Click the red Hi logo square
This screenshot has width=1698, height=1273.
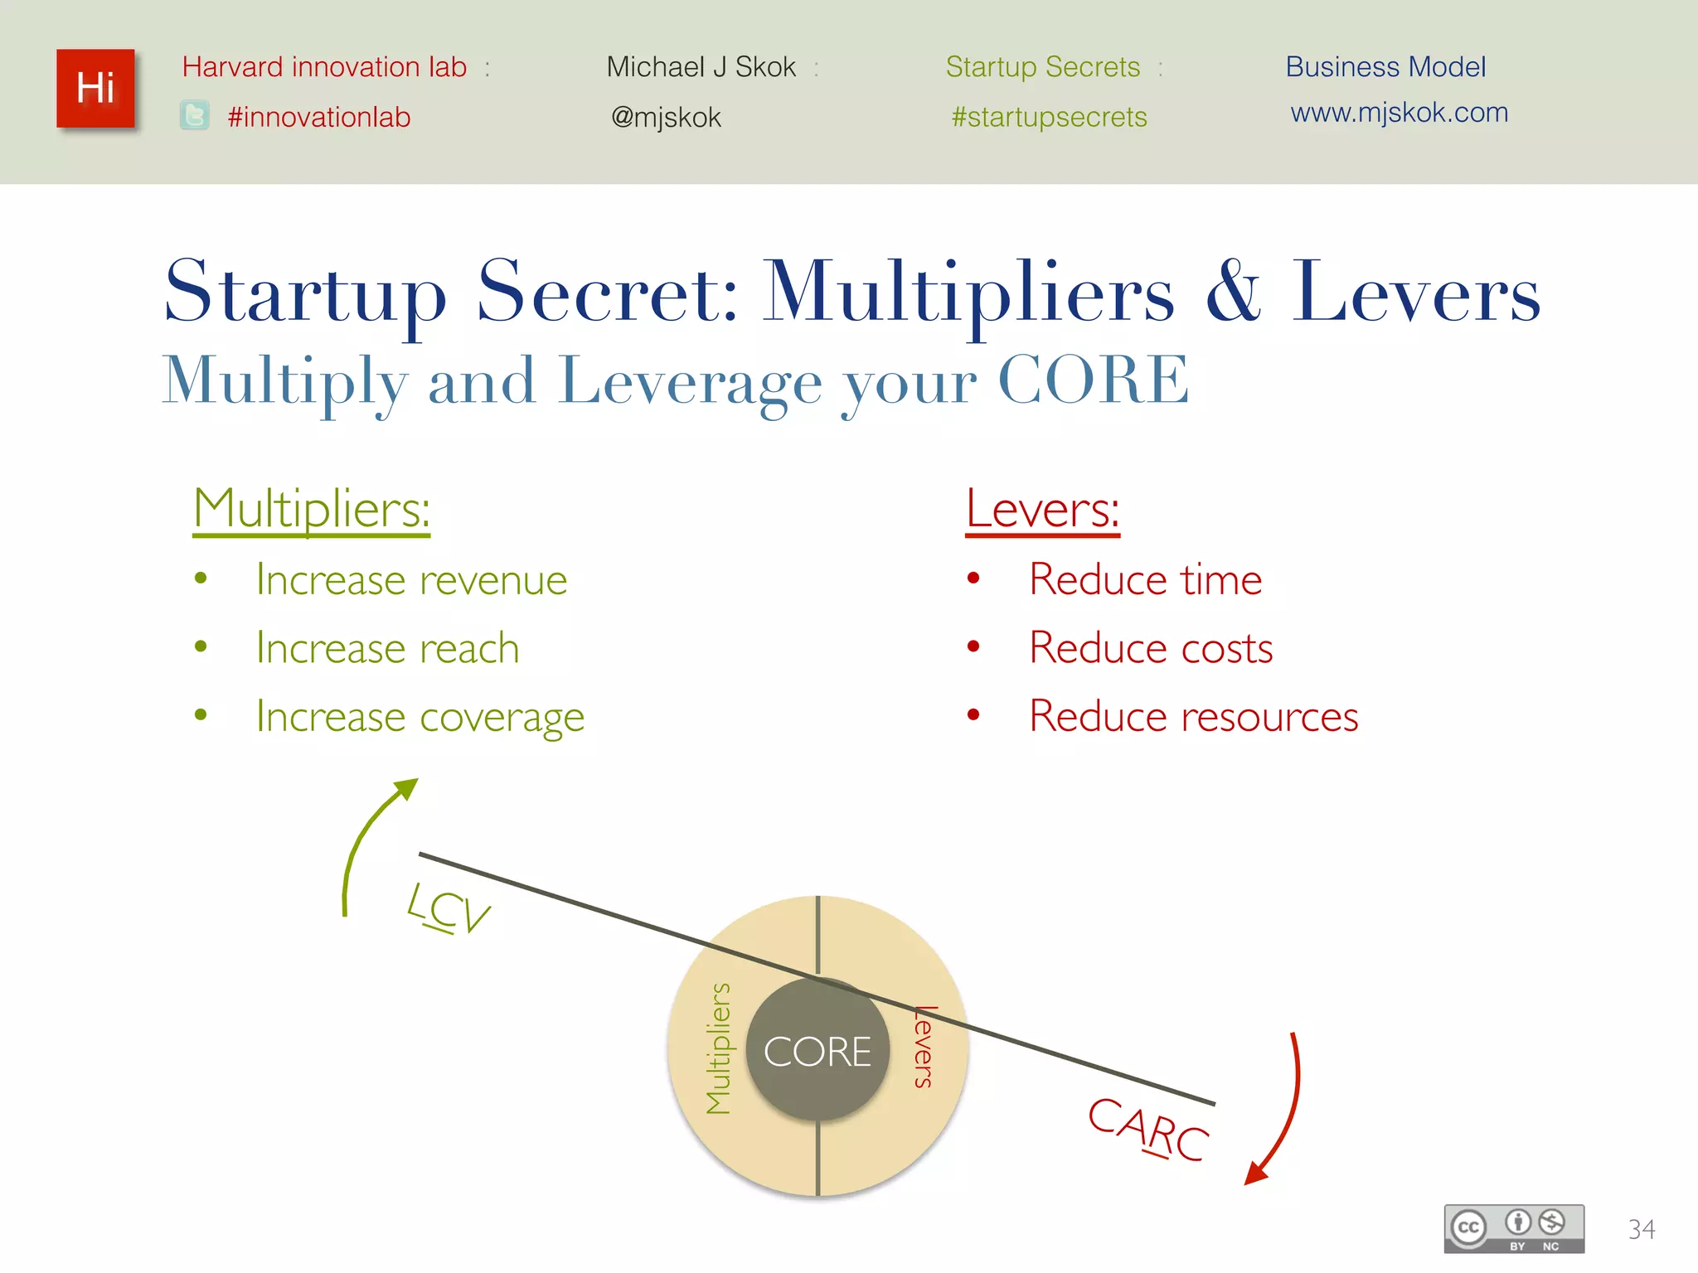coord(95,89)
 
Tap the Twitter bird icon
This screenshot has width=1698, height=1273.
coord(195,116)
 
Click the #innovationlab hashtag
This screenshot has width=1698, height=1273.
coord(319,117)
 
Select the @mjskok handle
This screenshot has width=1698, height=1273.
coord(666,117)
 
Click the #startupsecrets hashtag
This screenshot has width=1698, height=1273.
coord(1049,117)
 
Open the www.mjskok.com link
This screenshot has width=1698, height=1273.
coord(1399,112)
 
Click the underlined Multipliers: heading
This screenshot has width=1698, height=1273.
coord(312,508)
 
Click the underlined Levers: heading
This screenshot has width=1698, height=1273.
coord(1042,508)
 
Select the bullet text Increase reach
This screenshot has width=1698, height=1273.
coord(387,647)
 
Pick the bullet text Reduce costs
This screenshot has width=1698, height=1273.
coord(1150,647)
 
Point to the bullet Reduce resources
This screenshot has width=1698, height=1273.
coord(1193,716)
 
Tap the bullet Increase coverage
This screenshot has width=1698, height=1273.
coord(420,716)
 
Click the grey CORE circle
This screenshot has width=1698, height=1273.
coord(817,1051)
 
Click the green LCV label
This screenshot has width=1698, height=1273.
coord(449,909)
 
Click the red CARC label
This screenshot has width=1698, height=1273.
coord(1148,1129)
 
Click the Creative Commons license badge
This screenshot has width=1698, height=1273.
coord(1513,1227)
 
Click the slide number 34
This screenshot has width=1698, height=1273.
coord(1641,1228)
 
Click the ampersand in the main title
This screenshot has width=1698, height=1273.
coord(1233,292)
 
